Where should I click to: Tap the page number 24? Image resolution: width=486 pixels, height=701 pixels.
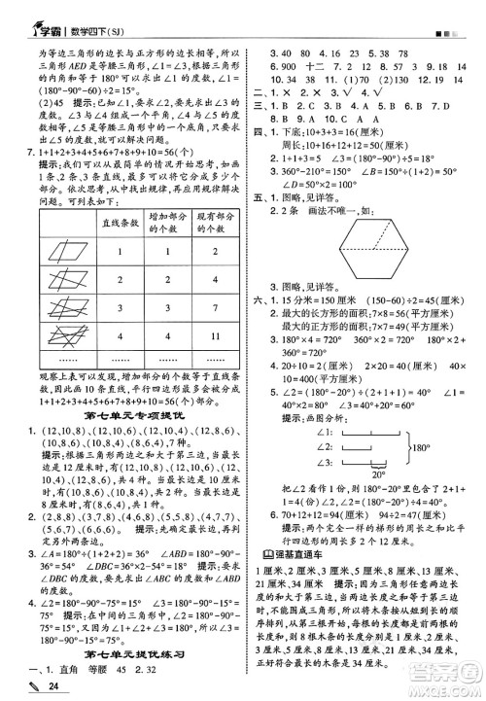[x=40, y=687]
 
